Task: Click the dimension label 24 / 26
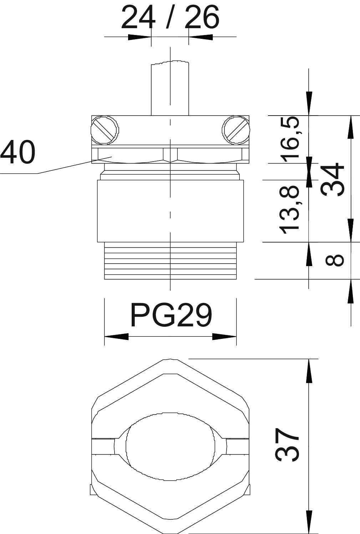pyautogui.click(x=170, y=17)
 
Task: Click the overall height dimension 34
pyautogui.click(x=333, y=179)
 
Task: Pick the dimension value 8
pyautogui.click(x=335, y=260)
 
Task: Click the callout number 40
pyautogui.click(x=18, y=152)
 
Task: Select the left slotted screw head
pyautogui.click(x=105, y=130)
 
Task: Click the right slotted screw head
pyautogui.click(x=236, y=130)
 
